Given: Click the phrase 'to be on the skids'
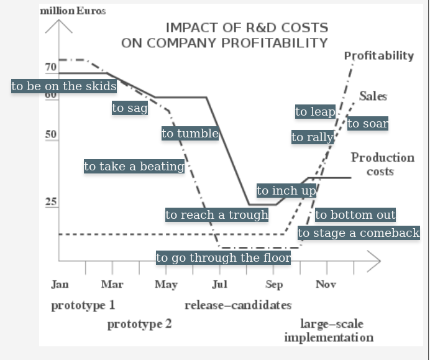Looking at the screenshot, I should coord(64,86).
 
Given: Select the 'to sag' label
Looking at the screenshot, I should coord(130,108).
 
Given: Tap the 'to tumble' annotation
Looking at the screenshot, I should coord(190,134).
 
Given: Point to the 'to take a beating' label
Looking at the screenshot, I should coord(134,167).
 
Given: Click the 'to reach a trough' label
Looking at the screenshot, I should coord(217,215).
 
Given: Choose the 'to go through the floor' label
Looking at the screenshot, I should coord(223,258).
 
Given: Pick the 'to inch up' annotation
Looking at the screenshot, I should coord(286,191).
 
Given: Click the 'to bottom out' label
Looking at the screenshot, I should coord(355,215).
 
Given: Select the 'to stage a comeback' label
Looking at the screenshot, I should coord(359,233).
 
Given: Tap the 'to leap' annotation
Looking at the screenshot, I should coord(315,112).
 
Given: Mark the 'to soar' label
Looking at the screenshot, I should coord(368,124).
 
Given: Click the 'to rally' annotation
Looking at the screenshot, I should coord(313,137).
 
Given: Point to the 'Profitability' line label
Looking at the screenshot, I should coord(379,56).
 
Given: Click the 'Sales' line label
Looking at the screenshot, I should coord(373,96).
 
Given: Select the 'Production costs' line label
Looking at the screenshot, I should coord(382,164).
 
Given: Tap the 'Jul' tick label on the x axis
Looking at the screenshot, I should coord(219,285).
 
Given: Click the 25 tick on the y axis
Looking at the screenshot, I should coord(50,202).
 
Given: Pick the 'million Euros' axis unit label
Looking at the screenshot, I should coord(73,11).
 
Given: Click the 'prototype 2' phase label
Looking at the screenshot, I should coord(139,324).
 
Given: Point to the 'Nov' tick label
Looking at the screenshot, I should coord(326,285).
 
